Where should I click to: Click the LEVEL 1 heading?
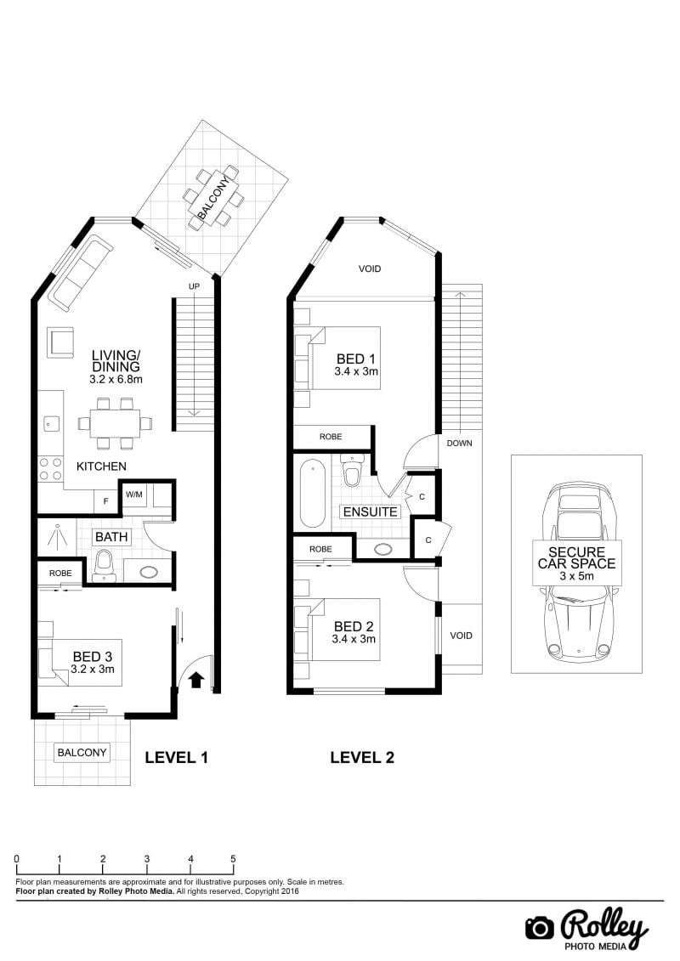click(x=177, y=758)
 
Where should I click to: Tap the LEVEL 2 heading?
click(x=362, y=758)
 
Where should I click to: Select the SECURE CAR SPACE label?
click(x=576, y=557)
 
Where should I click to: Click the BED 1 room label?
click(x=355, y=359)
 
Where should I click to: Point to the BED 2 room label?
click(x=354, y=626)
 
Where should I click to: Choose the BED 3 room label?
click(x=93, y=657)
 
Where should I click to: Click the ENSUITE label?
click(x=371, y=512)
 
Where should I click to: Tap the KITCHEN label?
click(x=101, y=466)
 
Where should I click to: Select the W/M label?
click(x=134, y=494)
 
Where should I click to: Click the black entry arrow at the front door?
click(x=196, y=680)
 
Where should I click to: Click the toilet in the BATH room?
click(x=105, y=566)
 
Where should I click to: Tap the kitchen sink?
click(x=51, y=423)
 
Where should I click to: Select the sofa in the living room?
click(x=80, y=274)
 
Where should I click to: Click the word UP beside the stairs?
click(x=194, y=287)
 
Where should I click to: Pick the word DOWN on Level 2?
click(x=459, y=444)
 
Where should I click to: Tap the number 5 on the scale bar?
click(x=233, y=859)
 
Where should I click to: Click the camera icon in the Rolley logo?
click(x=540, y=929)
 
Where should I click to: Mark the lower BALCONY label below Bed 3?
click(x=82, y=753)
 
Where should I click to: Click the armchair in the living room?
click(x=60, y=342)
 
